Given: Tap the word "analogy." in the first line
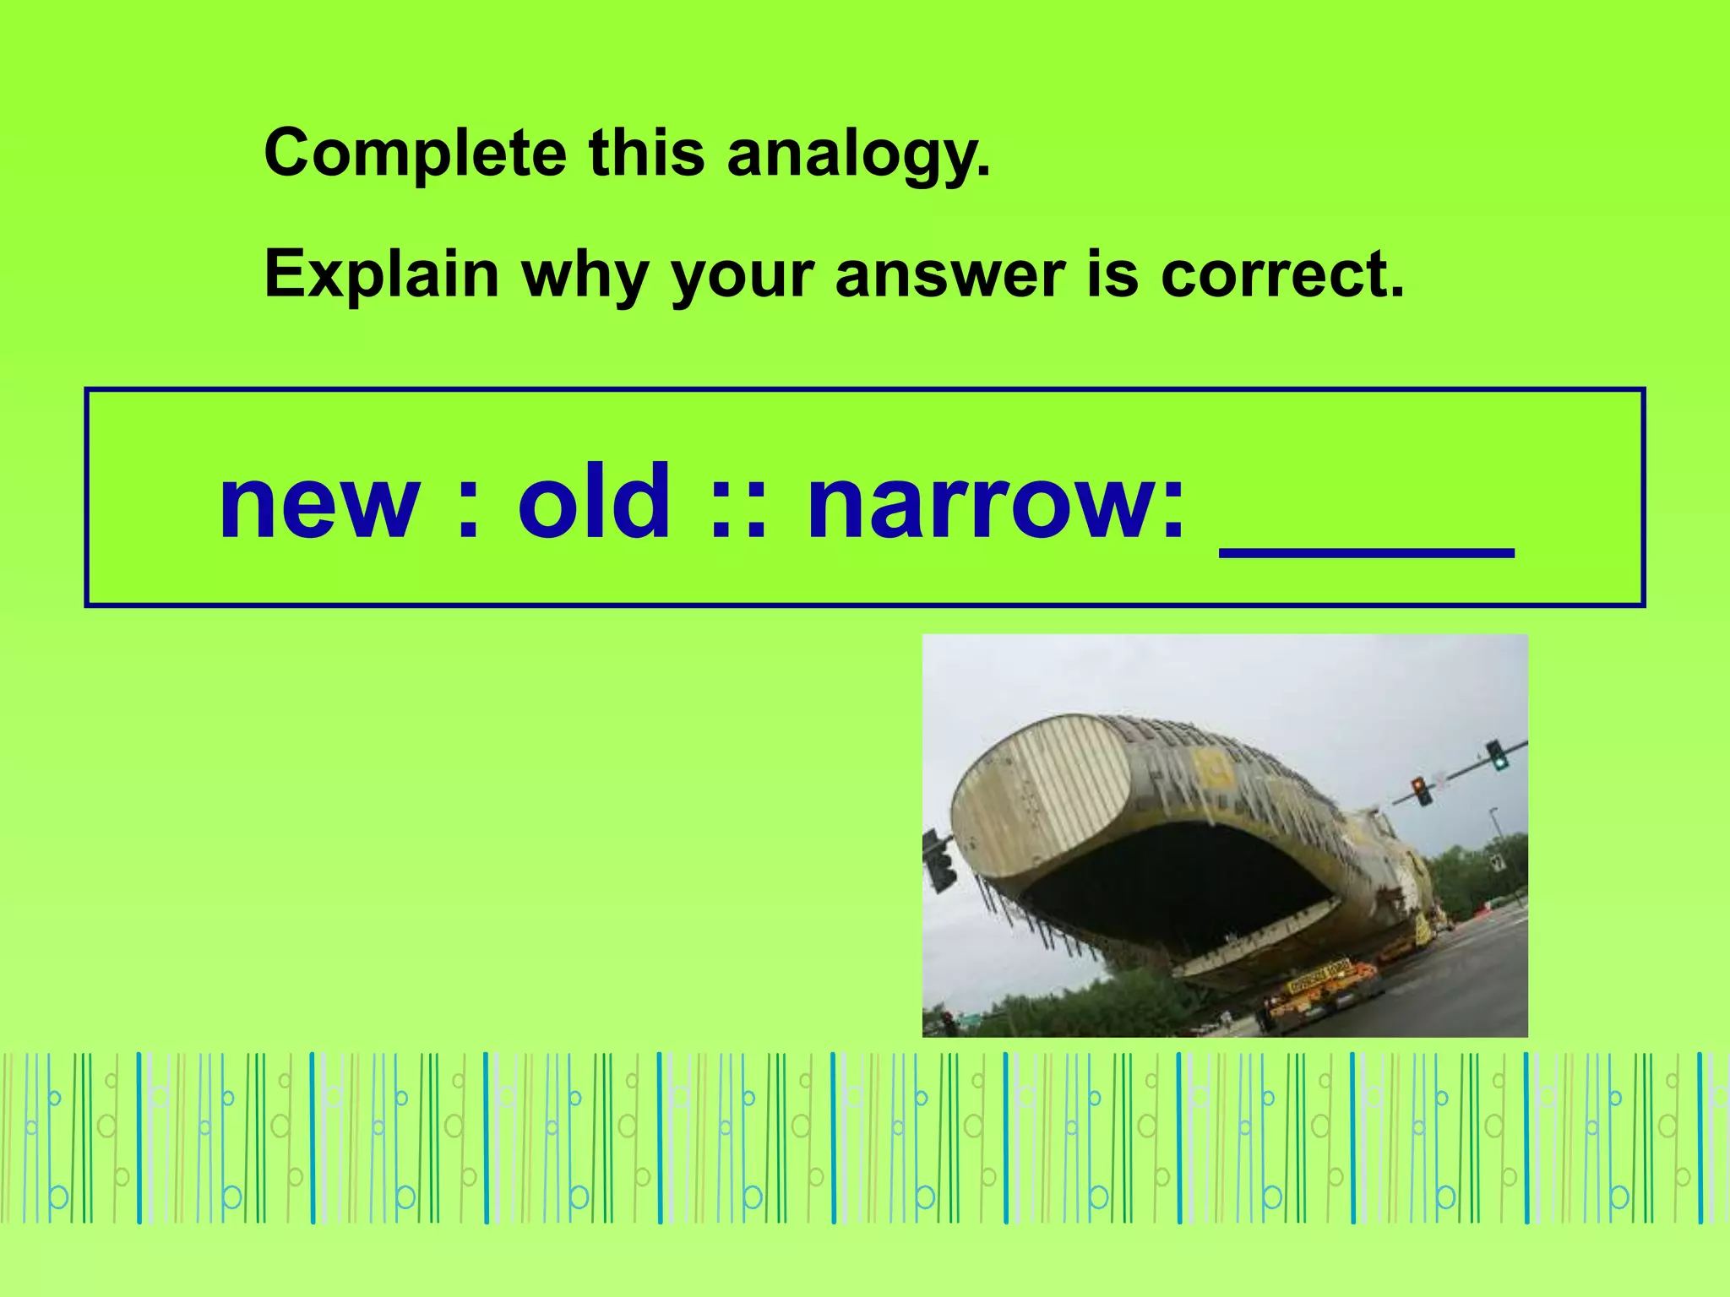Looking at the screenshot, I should tap(858, 155).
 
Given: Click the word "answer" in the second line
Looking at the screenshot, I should tap(950, 274).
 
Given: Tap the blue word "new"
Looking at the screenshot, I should tap(319, 504).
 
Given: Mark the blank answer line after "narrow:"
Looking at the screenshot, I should tap(1366, 551).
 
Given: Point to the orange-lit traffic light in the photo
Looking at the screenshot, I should tap(1423, 790).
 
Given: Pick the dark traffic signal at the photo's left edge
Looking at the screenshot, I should tap(938, 861).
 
